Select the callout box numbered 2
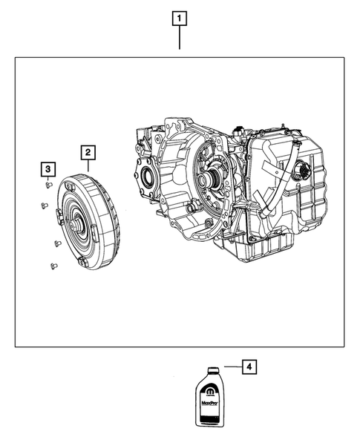88,153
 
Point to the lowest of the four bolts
52,265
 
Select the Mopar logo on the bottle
209,390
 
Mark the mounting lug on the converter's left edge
58,216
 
